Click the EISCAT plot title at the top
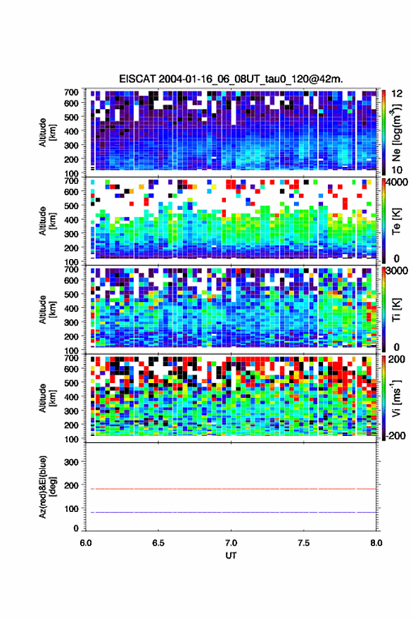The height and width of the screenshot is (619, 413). [231, 79]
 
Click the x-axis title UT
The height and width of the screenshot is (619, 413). [231, 556]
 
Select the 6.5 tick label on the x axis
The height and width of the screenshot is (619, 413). [158, 543]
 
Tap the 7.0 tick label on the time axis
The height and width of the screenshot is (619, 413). [231, 543]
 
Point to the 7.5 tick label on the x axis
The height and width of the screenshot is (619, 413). [303, 543]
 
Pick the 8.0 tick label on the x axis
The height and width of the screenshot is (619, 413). [376, 543]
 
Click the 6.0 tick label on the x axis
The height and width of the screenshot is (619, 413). [86, 543]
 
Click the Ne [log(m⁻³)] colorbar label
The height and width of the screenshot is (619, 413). [396, 132]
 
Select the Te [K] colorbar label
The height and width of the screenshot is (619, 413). [396, 221]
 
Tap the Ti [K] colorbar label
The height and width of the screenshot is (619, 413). [396, 310]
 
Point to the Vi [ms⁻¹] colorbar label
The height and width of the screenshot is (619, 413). [396, 398]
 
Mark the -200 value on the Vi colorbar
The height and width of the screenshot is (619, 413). [395, 435]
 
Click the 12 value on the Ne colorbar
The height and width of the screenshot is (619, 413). [397, 94]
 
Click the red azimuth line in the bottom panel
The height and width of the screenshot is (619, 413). [231, 489]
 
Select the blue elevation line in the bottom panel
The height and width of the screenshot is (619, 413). [231, 512]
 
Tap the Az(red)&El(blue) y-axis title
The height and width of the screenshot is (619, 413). [47, 487]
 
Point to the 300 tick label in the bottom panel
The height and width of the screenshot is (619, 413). [71, 462]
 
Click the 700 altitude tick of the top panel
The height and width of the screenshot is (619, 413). [71, 92]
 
